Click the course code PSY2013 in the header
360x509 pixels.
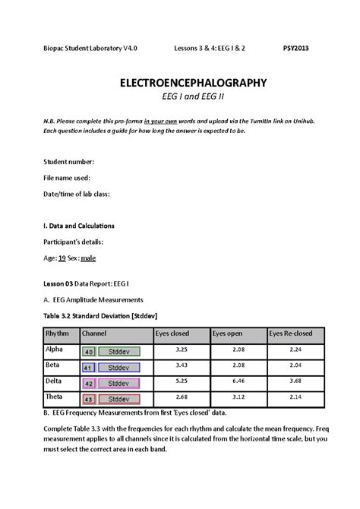(297, 46)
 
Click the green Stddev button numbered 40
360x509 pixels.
(112, 353)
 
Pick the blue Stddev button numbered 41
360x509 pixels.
(112, 368)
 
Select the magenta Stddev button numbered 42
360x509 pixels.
(112, 384)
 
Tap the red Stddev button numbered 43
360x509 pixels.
(112, 399)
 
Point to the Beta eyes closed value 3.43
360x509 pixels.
(181, 366)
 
